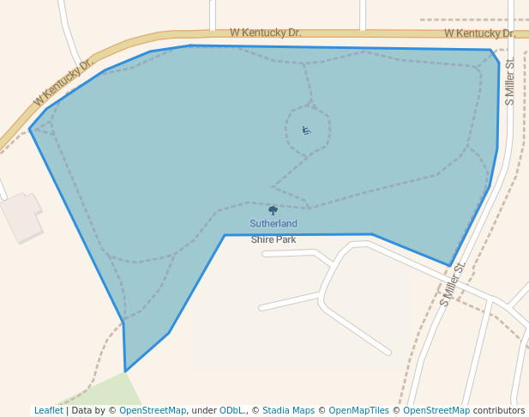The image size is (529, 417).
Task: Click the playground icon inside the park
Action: click(x=306, y=130)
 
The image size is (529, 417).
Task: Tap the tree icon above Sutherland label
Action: click(x=273, y=210)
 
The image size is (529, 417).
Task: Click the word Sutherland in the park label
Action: click(x=274, y=224)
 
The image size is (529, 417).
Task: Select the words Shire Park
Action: click(x=274, y=239)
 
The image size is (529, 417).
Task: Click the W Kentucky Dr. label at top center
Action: click(x=265, y=33)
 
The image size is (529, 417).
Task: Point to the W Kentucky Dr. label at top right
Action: click(x=479, y=33)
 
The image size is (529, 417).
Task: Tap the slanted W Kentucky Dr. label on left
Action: click(x=63, y=83)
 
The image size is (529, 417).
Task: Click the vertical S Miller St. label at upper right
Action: click(x=509, y=82)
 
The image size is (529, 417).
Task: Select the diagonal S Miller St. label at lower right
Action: click(x=452, y=284)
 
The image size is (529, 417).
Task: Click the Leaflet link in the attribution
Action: click(x=48, y=410)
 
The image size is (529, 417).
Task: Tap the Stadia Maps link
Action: click(x=288, y=410)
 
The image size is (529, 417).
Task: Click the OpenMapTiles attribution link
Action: click(x=358, y=410)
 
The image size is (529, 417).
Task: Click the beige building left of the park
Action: click(x=20, y=217)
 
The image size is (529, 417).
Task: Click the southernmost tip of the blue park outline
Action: click(x=125, y=372)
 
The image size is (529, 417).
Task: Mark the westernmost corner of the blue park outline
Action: click(x=30, y=130)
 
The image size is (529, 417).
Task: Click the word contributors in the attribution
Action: click(x=498, y=410)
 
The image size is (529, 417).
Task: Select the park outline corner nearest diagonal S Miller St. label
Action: click(x=450, y=266)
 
